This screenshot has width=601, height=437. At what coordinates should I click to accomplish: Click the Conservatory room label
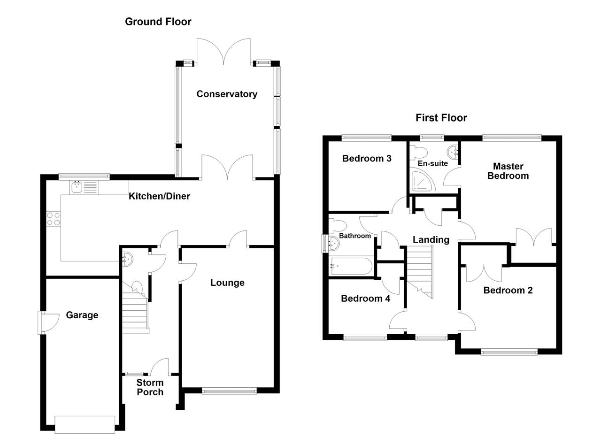pos(227,94)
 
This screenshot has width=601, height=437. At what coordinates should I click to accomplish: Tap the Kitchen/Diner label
pos(159,196)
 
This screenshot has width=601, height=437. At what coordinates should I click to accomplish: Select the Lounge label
pos(227,283)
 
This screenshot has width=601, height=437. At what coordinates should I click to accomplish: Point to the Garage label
pos(82,315)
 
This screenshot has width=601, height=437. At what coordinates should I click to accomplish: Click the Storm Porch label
pos(150,387)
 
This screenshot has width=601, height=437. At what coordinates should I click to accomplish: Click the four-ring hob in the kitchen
pos(54,219)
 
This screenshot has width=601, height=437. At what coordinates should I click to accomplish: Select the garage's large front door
pos(85,424)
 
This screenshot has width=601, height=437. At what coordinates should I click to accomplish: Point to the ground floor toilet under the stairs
pos(137,287)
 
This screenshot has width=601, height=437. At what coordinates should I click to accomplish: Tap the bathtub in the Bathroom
pos(352,266)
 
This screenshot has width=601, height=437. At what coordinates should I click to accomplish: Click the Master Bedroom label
pos(508,171)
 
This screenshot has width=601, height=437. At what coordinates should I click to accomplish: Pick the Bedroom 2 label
pos(508,290)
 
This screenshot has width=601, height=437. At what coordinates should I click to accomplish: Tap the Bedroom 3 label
pos(367,158)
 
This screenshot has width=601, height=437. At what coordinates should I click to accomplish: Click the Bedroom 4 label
pos(365,298)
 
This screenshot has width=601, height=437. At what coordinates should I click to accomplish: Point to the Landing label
pos(431,239)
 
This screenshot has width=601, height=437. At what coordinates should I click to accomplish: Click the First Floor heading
pos(441,118)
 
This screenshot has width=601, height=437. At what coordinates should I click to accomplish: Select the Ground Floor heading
pos(158,22)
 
